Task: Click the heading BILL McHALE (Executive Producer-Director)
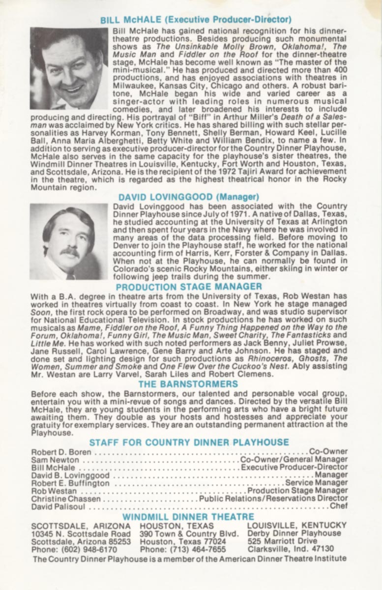click(x=196, y=20)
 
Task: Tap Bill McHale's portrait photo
click(x=69, y=68)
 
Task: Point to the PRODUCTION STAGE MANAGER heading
click(x=189, y=286)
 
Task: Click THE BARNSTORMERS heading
click(x=188, y=384)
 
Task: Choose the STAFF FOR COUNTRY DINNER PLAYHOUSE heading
click(x=189, y=442)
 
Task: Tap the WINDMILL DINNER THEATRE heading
click(x=188, y=517)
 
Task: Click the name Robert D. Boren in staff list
click(x=61, y=451)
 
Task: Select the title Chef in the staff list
click(x=339, y=505)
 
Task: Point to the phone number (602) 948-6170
click(x=74, y=549)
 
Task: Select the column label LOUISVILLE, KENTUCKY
click(x=296, y=525)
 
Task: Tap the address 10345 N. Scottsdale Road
click(x=81, y=533)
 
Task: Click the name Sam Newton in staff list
click(x=55, y=459)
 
